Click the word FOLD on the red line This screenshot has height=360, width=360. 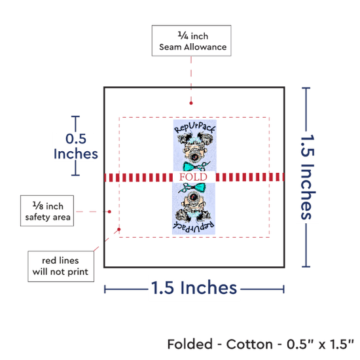coord(193,177)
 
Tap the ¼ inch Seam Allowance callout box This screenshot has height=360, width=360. coord(192,41)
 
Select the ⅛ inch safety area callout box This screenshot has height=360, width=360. coord(47,211)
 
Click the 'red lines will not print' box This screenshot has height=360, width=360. coord(61,266)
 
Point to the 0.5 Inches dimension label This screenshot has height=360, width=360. coord(76,146)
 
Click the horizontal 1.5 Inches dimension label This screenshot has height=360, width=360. coord(194,288)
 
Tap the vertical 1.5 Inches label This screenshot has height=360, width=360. coord(308,177)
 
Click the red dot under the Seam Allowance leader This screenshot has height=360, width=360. coord(191,103)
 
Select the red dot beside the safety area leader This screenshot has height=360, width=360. coord(109,211)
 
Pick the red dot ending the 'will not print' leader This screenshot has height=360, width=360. coord(119,229)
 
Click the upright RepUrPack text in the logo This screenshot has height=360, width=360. coord(194,128)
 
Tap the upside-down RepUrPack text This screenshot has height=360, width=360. coord(194,226)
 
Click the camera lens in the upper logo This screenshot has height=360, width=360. coord(194,157)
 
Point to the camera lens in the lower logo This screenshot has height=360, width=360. coord(193,196)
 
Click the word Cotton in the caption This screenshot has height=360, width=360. coord(249,344)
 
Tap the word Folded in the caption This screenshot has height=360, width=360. coord(190,344)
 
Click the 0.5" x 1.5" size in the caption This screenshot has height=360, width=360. coord(320,344)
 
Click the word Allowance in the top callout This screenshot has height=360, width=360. coord(206,47)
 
